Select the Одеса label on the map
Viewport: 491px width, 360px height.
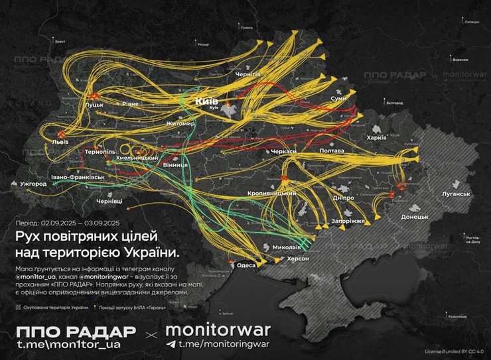245,266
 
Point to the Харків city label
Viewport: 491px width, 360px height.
386,138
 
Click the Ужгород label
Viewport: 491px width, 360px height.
33,184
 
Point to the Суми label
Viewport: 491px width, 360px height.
338,98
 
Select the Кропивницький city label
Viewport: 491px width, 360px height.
271,193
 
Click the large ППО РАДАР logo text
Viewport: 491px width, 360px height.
76,331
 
